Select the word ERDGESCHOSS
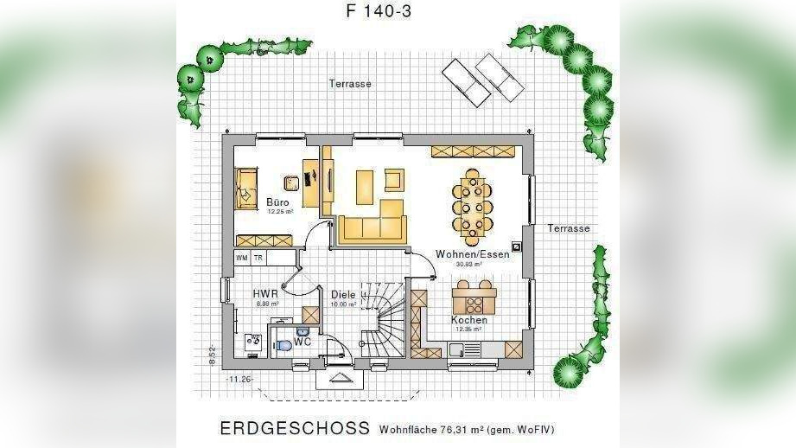(295, 429)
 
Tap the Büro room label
(277, 202)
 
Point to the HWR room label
(265, 294)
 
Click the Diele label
(343, 295)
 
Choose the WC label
(302, 342)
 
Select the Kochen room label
(469, 320)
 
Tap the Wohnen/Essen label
(472, 254)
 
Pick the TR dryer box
(258, 258)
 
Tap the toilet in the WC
(284, 347)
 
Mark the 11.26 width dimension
(239, 379)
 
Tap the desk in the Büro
(310, 178)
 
